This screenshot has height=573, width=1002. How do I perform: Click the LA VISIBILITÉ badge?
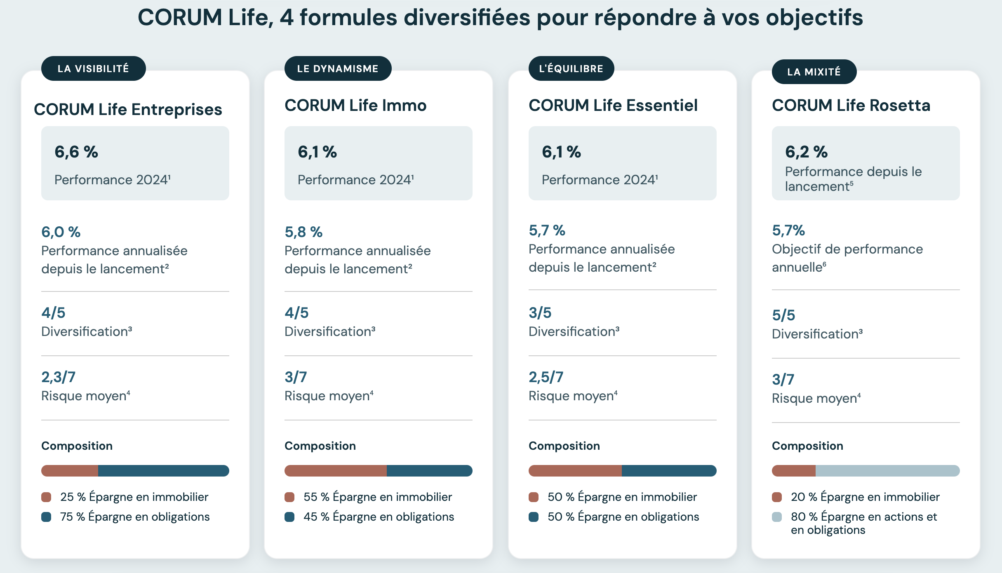pyautogui.click(x=93, y=68)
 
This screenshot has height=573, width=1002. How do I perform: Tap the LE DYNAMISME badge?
pyautogui.click(x=338, y=68)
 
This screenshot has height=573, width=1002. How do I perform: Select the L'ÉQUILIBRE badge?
pyautogui.click(x=571, y=68)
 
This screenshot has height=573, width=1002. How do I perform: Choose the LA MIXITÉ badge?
pyautogui.click(x=814, y=72)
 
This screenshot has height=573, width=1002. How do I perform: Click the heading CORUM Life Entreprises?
pyautogui.click(x=128, y=110)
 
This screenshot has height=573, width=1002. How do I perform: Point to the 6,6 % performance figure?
pyautogui.click(x=76, y=152)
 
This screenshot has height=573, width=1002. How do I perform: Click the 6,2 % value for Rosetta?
pyautogui.click(x=806, y=152)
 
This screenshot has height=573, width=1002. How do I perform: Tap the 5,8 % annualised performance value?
pyautogui.click(x=303, y=232)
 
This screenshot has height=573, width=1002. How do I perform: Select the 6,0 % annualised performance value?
pyautogui.click(x=61, y=232)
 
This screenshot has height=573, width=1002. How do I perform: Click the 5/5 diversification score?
pyautogui.click(x=783, y=315)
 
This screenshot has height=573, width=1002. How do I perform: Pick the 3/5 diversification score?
pyautogui.click(x=540, y=313)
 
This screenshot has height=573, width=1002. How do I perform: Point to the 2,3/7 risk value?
pyautogui.click(x=58, y=377)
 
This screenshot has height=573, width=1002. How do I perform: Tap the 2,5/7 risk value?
pyautogui.click(x=546, y=377)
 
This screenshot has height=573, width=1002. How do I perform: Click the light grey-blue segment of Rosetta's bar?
pyautogui.click(x=887, y=471)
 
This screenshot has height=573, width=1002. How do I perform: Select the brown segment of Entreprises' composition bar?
pyautogui.click(x=69, y=471)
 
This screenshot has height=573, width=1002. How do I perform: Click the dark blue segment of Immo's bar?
pyautogui.click(x=429, y=471)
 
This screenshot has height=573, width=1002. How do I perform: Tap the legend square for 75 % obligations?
pyautogui.click(x=46, y=517)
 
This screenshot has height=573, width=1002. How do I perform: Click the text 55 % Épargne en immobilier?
pyautogui.click(x=377, y=497)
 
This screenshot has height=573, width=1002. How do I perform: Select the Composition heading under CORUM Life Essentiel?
pyautogui.click(x=564, y=446)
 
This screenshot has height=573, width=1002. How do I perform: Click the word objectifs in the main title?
pyautogui.click(x=814, y=18)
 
